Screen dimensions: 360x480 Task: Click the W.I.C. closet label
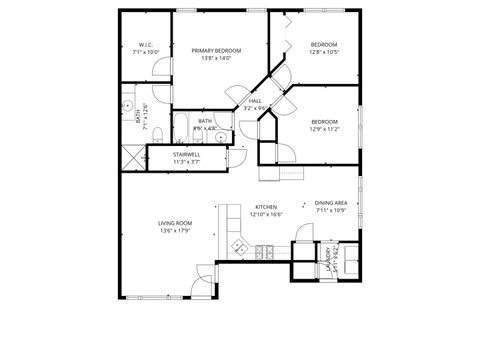tap(145, 45)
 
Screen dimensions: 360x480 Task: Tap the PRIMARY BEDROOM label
tap(216, 50)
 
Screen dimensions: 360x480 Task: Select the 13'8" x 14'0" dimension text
tap(216, 58)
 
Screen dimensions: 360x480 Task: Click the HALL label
tap(255, 100)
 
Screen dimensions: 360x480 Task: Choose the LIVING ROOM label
tap(174, 223)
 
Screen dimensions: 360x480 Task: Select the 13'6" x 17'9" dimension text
tap(174, 231)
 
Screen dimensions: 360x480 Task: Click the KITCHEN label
tap(266, 207)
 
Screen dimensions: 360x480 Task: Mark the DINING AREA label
tap(331, 202)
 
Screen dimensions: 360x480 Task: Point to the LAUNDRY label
tap(326, 260)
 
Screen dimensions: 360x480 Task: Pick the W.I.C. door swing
tap(159, 69)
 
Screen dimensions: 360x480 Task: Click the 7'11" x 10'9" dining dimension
tap(331, 210)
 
